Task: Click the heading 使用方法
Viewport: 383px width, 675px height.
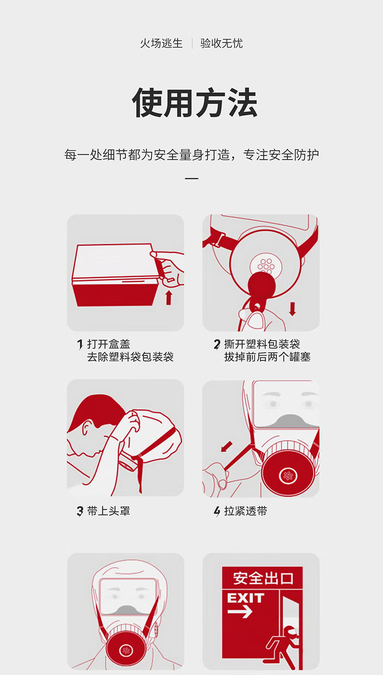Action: (194, 102)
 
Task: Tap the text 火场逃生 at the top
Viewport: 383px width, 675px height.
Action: (161, 44)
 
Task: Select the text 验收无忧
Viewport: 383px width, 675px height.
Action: (222, 44)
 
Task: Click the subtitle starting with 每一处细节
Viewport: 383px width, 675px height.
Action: (191, 155)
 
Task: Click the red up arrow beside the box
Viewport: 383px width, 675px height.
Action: (169, 298)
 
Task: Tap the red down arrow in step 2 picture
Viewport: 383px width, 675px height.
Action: (292, 309)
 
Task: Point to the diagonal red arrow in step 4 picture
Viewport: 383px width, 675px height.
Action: (226, 447)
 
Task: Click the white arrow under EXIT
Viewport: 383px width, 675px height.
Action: (240, 612)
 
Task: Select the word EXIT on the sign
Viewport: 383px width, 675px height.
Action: (245, 598)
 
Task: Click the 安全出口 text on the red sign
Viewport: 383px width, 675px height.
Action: (263, 578)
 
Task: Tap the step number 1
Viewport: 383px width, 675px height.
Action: (80, 345)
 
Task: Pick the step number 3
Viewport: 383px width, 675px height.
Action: (80, 511)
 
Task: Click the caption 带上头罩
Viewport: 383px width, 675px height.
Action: (109, 511)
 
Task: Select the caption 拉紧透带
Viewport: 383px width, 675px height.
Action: (245, 511)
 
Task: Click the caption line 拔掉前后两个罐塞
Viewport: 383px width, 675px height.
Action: (267, 357)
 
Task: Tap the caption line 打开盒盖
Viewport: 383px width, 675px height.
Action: (109, 344)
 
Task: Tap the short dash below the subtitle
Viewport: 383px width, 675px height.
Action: (191, 178)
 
